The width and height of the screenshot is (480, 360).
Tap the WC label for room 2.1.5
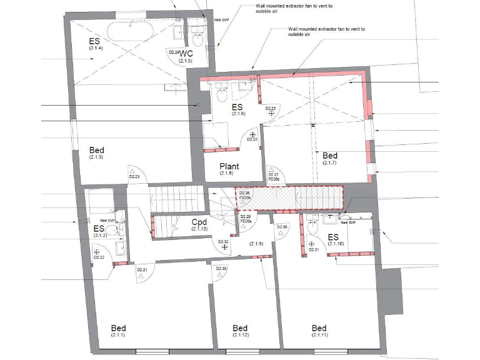click(186, 54)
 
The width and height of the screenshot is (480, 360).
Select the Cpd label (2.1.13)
click(199, 223)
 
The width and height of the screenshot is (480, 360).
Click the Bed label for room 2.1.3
click(96, 151)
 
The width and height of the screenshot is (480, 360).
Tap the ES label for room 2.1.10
click(332, 238)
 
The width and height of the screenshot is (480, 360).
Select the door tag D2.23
click(134, 177)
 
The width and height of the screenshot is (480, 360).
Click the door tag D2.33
click(221, 268)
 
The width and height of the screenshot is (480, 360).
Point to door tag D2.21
click(142, 270)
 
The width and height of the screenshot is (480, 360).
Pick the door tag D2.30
click(282, 227)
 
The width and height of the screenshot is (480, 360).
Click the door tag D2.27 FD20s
click(272, 177)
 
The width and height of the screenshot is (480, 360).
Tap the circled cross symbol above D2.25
click(252, 134)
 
